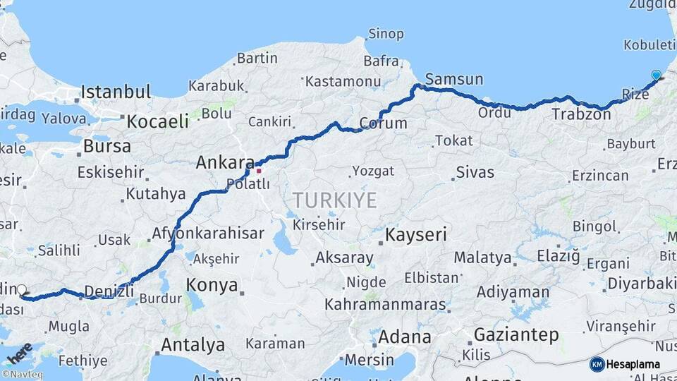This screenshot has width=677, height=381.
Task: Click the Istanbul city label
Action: [x=116, y=92]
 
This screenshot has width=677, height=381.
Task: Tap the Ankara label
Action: [x=225, y=162]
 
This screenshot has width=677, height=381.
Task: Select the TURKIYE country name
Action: [x=335, y=200]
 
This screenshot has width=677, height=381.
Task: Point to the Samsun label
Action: [x=454, y=79]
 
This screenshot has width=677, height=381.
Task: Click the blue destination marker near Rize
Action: [x=657, y=75]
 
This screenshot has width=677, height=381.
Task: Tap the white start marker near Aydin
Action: [x=22, y=289]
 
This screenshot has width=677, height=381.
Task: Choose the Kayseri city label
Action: [x=416, y=235]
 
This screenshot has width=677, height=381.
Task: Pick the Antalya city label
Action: [x=193, y=345]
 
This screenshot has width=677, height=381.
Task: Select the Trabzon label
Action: [x=580, y=114]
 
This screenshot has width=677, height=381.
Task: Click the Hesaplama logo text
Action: [x=633, y=364]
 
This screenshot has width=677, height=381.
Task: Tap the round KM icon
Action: [x=597, y=364]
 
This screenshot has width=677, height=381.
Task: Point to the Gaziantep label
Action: [x=516, y=334]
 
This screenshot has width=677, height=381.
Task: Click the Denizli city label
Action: [x=109, y=291]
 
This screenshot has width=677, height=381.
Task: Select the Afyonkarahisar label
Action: [x=208, y=234]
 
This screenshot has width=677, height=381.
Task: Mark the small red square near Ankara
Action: [x=259, y=170]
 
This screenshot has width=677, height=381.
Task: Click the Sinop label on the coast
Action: [x=386, y=34]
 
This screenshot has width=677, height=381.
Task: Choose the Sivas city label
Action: [x=475, y=171]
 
